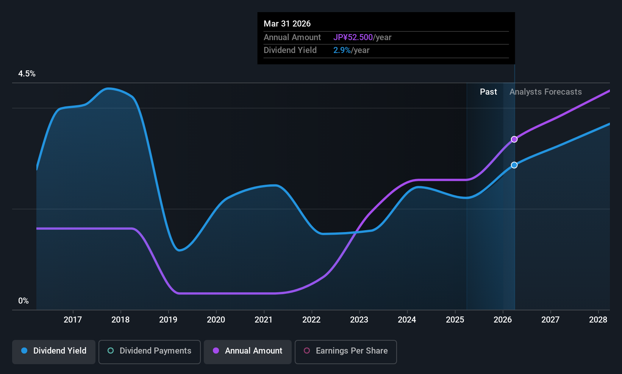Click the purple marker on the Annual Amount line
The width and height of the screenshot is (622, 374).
pos(514,139)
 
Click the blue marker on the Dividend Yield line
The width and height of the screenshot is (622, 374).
pos(514,165)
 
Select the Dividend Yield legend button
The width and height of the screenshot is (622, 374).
pos(53,352)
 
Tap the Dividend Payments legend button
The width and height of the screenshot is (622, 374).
pos(149,352)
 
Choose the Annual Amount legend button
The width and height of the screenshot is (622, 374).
pos(248,352)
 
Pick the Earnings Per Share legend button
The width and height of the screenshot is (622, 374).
pos(346,352)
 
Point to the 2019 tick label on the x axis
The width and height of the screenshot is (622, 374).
pos(168,319)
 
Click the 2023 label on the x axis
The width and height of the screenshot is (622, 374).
pos(359,319)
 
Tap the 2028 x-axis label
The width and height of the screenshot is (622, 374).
pos(598,319)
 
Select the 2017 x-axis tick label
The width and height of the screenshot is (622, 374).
pos(73,319)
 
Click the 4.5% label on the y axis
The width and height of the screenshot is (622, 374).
pos(27,74)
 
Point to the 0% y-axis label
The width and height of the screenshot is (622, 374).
pos(23,301)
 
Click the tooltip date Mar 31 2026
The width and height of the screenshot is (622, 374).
pos(287,23)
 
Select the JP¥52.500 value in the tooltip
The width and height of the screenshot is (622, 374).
pos(353,37)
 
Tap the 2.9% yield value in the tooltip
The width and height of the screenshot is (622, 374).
pos(342,50)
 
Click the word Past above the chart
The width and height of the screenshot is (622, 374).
pos(488,92)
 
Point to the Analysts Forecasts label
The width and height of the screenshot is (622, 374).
pos(545,92)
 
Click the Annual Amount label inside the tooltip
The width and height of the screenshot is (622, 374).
pos(292,37)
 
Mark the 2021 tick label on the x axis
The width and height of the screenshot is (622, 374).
pos(264,319)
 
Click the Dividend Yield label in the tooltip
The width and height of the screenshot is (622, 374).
pos(290,50)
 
